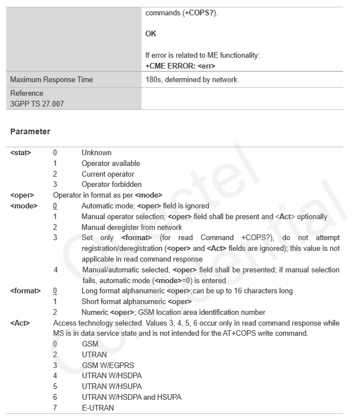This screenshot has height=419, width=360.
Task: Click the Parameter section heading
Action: (x=30, y=131)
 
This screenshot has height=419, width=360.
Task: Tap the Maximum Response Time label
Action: (x=52, y=80)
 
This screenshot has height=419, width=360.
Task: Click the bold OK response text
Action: (x=151, y=33)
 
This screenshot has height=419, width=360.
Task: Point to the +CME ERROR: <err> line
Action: (x=181, y=66)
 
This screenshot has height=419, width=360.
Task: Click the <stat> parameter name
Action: (x=21, y=152)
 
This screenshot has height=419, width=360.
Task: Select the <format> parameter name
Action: (x=25, y=290)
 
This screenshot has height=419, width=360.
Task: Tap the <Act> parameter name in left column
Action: (x=20, y=323)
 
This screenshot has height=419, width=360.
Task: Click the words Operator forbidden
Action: (x=112, y=185)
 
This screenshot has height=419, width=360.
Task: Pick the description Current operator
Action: (x=108, y=174)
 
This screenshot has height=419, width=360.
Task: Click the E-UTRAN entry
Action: (x=98, y=408)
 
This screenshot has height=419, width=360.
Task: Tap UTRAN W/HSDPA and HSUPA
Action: (x=131, y=397)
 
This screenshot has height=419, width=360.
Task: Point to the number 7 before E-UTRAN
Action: (x=55, y=408)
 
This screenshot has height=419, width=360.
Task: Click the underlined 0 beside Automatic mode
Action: (x=55, y=206)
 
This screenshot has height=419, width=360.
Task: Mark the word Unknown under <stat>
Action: (x=96, y=152)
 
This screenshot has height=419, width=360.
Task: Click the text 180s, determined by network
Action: (x=192, y=80)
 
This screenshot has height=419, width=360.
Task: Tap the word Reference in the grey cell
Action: (x=27, y=93)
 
